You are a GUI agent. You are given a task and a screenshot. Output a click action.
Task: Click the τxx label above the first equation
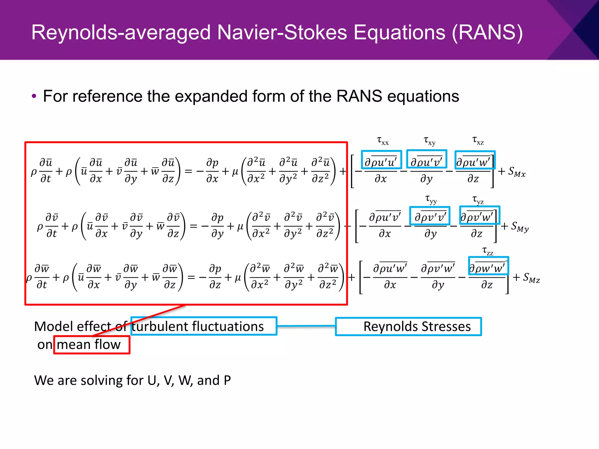pos(383,141)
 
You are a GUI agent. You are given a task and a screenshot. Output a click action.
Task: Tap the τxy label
pos(429,141)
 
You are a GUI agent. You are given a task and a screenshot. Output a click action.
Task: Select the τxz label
pos(478,141)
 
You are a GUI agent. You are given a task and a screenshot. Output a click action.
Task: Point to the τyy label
pos(431,200)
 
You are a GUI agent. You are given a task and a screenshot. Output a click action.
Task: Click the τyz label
pos(478,200)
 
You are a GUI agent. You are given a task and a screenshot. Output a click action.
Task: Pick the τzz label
pos(488,251)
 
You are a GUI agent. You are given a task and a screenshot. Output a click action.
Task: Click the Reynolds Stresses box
pos(408,327)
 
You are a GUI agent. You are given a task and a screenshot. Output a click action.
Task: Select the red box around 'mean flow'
pos(92,345)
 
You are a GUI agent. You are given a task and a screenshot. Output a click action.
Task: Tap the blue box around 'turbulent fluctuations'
pos(204,326)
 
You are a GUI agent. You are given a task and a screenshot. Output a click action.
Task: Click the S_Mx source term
pos(517,172)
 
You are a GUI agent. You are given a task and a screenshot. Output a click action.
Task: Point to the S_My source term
pos(520,227)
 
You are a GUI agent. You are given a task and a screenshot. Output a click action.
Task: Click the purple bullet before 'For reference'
pos(34,96)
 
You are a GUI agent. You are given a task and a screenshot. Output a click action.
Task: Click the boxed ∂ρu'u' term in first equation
pos(381,160)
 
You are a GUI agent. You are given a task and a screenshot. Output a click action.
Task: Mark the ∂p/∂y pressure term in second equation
pos(217,225)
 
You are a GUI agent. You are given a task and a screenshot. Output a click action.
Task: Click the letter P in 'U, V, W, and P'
pos(227,380)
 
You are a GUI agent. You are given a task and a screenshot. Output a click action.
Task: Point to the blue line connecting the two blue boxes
pos(306,326)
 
